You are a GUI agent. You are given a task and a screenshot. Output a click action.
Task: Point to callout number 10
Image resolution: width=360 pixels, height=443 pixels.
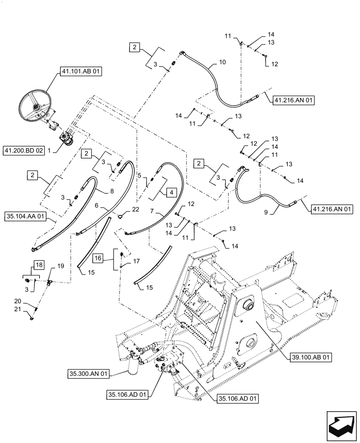pos(222,62)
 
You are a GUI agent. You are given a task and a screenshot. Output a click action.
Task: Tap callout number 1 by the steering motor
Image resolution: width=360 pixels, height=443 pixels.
pos(51,150)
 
